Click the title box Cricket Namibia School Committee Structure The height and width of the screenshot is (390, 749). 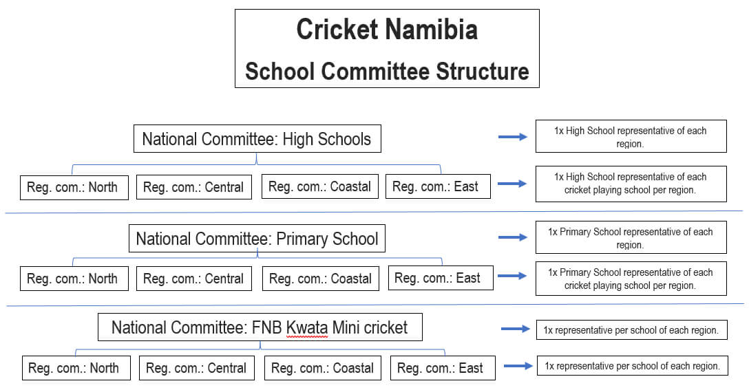point(387,48)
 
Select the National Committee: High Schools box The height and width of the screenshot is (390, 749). point(257,139)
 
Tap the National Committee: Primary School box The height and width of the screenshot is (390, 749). point(257,239)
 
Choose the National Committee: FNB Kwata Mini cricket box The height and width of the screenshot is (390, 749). point(260,327)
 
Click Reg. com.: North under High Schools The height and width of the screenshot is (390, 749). point(73,187)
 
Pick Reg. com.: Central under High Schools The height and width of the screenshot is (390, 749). point(193,187)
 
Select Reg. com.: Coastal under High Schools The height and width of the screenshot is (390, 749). point(319,186)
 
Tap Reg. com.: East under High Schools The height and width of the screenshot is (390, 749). point(438,186)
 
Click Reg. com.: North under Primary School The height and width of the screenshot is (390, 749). point(73,279)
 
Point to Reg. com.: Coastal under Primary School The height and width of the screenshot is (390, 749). point(320,279)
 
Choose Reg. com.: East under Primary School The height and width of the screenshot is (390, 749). point(441,278)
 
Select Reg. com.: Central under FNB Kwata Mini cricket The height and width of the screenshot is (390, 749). point(196,368)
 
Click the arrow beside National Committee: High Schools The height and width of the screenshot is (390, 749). point(513,138)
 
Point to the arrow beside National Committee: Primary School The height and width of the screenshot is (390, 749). point(513,238)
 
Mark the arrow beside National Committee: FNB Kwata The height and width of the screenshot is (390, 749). point(516,329)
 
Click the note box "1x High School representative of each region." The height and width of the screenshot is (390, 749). point(631,137)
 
